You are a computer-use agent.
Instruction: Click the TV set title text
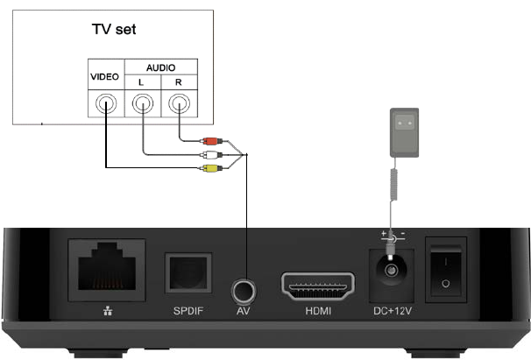116,29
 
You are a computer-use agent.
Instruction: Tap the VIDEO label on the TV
104,78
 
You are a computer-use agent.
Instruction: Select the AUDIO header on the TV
160,67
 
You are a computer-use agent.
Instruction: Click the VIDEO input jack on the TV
105,107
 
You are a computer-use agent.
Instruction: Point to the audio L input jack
142,107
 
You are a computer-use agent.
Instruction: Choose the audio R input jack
179,107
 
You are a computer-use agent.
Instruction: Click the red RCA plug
209,139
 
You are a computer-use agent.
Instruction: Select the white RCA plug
209,153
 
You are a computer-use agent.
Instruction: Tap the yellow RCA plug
209,167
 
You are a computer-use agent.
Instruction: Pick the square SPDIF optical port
188,275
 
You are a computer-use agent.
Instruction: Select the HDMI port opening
317,286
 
